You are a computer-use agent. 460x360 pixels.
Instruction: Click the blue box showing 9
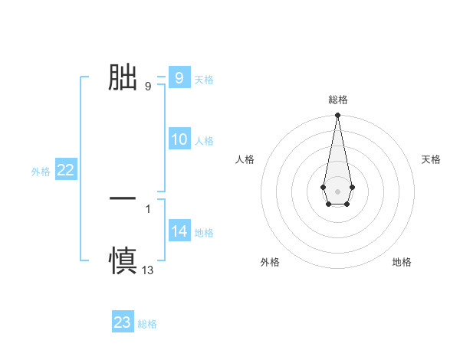coord(179,77)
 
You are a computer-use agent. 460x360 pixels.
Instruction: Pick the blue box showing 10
coord(179,139)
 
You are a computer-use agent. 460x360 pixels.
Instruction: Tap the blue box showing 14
coord(179,231)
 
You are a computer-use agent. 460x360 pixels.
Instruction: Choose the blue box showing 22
coord(65,170)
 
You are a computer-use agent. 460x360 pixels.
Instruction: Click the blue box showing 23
coord(122,322)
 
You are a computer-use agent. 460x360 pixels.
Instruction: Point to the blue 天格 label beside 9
coord(204,79)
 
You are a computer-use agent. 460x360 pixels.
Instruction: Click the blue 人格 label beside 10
coord(204,141)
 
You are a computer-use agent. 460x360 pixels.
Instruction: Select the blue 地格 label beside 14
coord(204,233)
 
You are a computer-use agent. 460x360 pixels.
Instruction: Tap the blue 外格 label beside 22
coord(41,172)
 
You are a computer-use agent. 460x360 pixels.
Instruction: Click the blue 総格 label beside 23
coord(147,324)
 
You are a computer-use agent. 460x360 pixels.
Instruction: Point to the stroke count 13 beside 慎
coord(148,270)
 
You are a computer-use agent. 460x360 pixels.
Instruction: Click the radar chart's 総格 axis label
coord(337,100)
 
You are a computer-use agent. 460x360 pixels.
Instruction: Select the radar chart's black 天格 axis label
coord(431,159)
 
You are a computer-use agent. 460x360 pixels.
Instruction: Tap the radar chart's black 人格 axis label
coord(245,159)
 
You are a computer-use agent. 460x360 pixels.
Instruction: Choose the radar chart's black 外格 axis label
coord(270,262)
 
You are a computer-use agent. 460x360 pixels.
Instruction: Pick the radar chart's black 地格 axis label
coord(402,262)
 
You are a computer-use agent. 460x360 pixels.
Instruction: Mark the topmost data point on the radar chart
coord(337,116)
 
